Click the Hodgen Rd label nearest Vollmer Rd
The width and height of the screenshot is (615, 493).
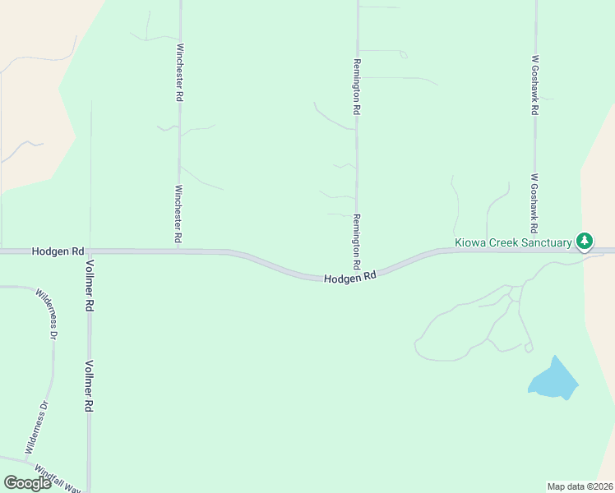point(58,250)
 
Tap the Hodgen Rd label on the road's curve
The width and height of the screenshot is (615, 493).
point(349,278)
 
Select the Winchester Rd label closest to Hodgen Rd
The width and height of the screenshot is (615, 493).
point(178,214)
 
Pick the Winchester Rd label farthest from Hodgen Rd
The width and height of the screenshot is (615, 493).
point(179,72)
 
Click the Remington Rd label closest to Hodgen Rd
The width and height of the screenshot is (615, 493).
point(356,242)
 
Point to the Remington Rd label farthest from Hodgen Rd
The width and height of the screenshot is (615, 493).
point(357,86)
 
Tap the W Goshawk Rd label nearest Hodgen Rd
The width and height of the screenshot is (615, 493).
point(534,202)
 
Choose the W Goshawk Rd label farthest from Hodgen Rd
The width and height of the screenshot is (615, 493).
point(534,85)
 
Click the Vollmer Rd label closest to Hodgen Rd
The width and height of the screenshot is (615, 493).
point(89,284)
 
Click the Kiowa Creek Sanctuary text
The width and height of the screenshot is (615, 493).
point(513,242)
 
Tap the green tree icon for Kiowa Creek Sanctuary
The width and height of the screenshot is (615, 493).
point(584,241)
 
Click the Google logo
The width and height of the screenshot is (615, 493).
point(27,483)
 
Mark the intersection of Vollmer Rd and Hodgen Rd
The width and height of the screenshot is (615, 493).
point(90,251)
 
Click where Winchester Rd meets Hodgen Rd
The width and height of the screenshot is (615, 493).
point(178,251)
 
